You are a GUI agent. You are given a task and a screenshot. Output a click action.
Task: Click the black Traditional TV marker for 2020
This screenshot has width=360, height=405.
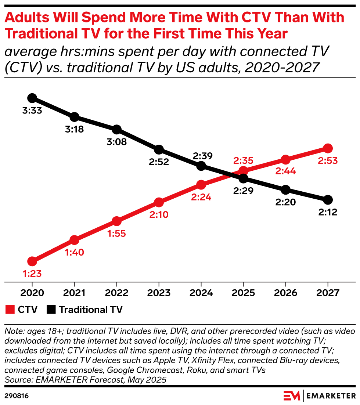point(32,98)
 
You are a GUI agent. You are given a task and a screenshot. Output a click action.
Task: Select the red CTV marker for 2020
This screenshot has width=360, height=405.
point(32,261)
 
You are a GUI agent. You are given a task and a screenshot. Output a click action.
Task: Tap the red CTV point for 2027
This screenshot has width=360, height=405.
point(328,148)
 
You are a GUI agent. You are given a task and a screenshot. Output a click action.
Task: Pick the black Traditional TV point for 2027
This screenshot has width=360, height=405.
point(328,200)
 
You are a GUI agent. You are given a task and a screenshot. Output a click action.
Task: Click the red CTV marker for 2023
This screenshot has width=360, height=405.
point(159,202)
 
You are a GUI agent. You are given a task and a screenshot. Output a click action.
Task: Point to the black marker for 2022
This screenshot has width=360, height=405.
point(116,129)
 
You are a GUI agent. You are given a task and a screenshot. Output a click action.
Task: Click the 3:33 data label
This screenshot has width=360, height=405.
point(32,110)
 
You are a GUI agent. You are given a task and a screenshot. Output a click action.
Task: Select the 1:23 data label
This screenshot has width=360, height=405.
point(32,274)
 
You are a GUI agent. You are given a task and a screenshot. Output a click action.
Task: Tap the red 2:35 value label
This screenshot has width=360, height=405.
point(243,160)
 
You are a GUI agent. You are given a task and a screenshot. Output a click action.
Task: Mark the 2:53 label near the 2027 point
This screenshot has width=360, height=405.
point(328,160)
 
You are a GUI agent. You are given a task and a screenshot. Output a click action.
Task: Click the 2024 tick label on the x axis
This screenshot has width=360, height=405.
point(201,293)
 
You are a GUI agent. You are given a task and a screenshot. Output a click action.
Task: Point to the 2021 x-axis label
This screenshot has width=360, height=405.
point(75,293)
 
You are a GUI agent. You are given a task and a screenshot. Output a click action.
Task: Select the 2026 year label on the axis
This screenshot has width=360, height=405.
point(285,293)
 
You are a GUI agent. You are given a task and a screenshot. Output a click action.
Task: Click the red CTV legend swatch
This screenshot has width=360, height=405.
point(10,310)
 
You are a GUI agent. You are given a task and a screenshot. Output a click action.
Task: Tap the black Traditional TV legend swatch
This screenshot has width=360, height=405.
point(51,310)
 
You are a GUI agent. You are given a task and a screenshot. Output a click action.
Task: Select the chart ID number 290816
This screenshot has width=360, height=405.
point(17,396)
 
